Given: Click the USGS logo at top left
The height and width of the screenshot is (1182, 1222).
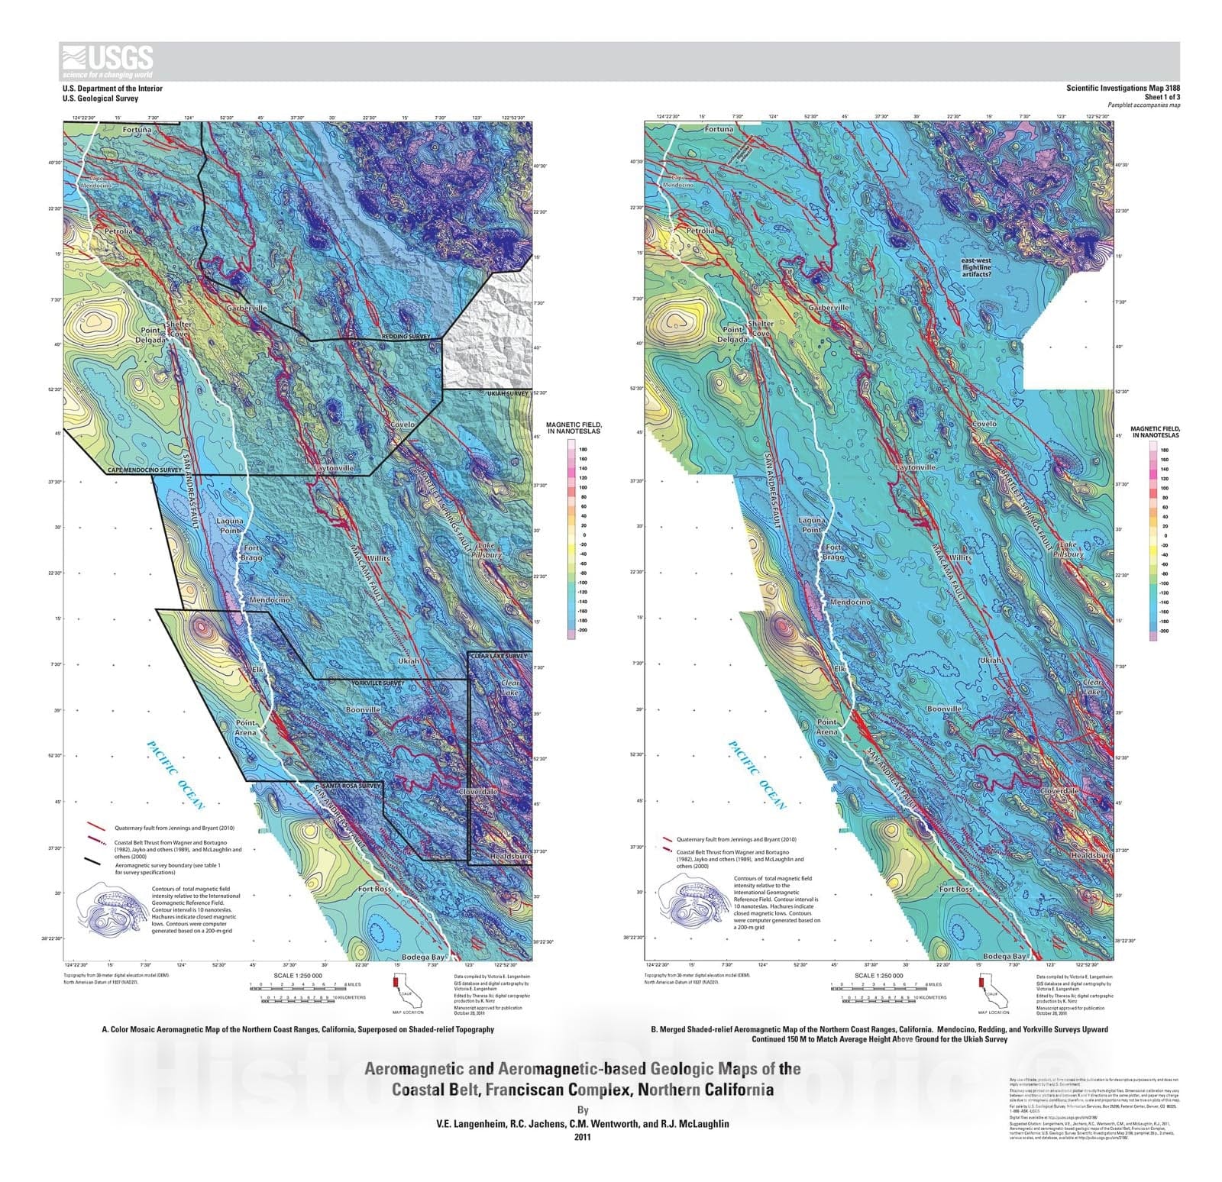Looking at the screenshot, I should (x=108, y=61).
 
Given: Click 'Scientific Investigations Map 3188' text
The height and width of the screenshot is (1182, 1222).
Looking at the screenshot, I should (x=1123, y=89).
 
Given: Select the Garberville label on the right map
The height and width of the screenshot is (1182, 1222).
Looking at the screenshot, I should (x=829, y=307).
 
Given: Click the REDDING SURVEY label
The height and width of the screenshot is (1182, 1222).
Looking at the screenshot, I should (x=406, y=336).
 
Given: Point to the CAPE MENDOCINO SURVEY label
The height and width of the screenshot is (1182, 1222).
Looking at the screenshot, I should (x=144, y=470).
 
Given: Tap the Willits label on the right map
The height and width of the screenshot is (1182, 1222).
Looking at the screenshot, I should (x=961, y=557).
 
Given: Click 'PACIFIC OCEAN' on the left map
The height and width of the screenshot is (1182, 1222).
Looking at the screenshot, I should (x=176, y=776).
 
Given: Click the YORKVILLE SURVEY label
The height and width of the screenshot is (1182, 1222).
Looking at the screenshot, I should (x=377, y=683).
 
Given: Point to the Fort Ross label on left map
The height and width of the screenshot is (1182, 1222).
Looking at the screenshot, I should (x=374, y=889).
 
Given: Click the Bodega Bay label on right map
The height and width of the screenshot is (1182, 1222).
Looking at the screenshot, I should (x=1004, y=956).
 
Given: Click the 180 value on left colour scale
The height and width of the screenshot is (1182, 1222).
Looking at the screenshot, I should (x=584, y=450).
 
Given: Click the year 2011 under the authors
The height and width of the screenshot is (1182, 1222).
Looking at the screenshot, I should (x=582, y=1136).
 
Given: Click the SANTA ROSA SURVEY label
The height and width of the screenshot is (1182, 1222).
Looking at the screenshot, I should (x=351, y=785).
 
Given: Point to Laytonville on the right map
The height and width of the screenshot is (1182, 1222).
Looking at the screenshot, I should (x=915, y=467).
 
